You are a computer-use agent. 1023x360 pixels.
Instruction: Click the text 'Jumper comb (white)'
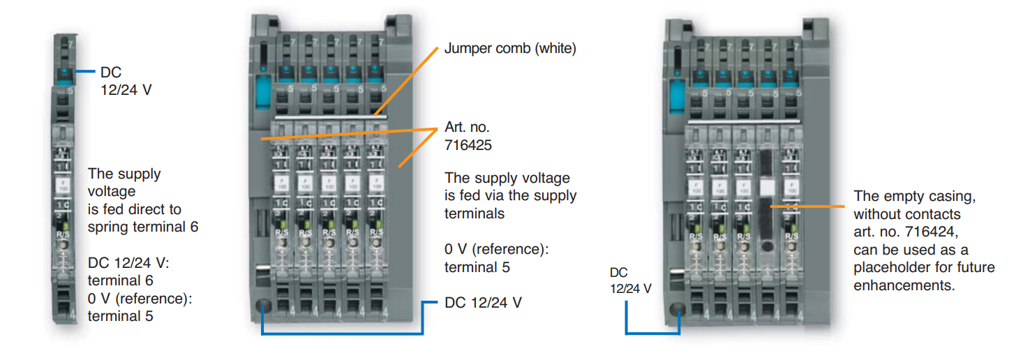pyautogui.click(x=510, y=49)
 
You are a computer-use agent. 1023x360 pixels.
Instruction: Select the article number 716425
pyautogui.click(x=468, y=146)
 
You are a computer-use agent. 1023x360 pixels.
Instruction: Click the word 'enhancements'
pyautogui.click(x=904, y=285)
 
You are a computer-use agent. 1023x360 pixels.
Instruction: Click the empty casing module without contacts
pyautogui.click(x=766, y=209)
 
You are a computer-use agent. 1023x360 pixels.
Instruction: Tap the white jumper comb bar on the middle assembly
pyautogui.click(x=321, y=119)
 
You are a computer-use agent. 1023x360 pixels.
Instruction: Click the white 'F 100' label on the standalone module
pyautogui.click(x=63, y=186)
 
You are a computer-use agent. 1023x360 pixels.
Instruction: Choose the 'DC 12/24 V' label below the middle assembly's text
pyautogui.click(x=483, y=303)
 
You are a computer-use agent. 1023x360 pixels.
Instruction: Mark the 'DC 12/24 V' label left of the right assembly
pyautogui.click(x=630, y=280)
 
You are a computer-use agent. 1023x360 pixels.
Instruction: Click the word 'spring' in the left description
pyautogui.click(x=107, y=227)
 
